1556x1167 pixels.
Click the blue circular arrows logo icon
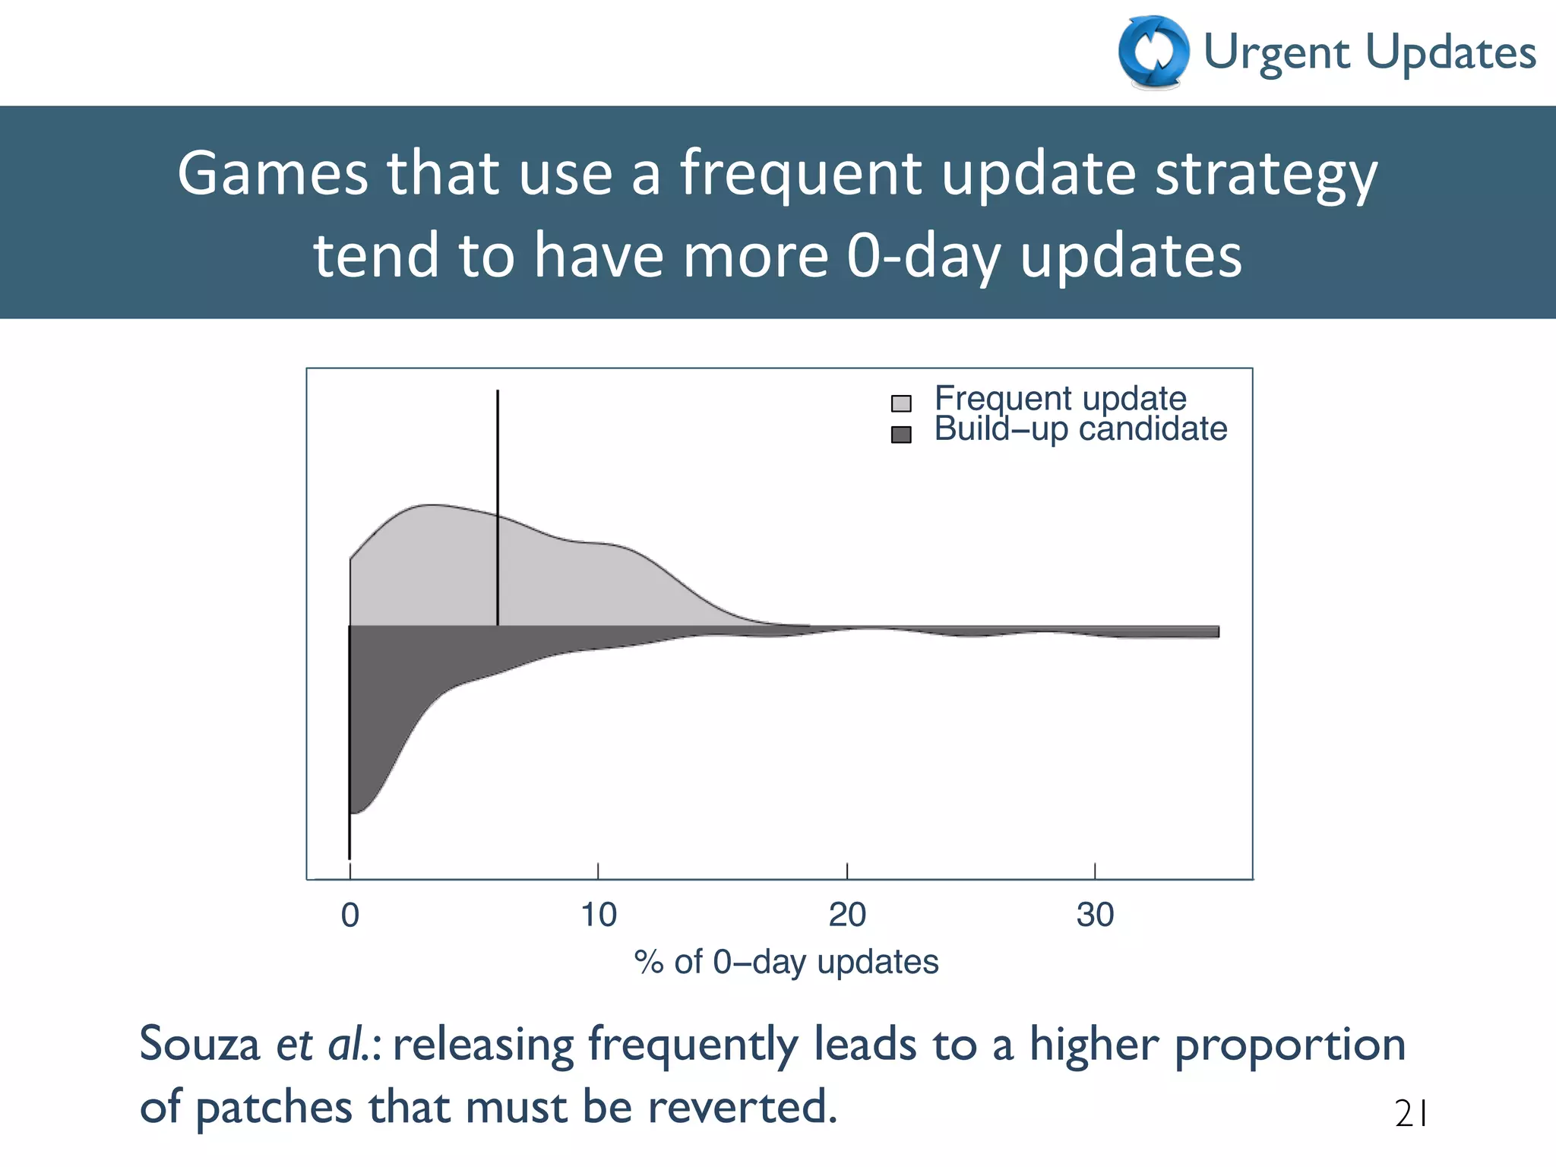pos(1153,52)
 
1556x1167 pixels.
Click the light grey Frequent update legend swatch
pos(901,403)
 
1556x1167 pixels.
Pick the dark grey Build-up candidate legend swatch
pos(901,435)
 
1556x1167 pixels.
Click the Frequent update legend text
pos(1060,398)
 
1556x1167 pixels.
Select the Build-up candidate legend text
pos(1080,429)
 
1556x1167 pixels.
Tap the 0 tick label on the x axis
pos(350,916)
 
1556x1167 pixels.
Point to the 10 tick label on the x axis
pos(598,916)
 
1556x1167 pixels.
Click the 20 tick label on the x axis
pos(846,916)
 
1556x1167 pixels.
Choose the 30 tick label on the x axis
pos(1095,916)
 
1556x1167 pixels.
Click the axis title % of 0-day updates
pos(786,963)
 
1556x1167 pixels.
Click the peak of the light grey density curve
pos(431,505)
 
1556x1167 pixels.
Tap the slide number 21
pos(1412,1115)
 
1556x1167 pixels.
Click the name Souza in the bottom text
pos(199,1045)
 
